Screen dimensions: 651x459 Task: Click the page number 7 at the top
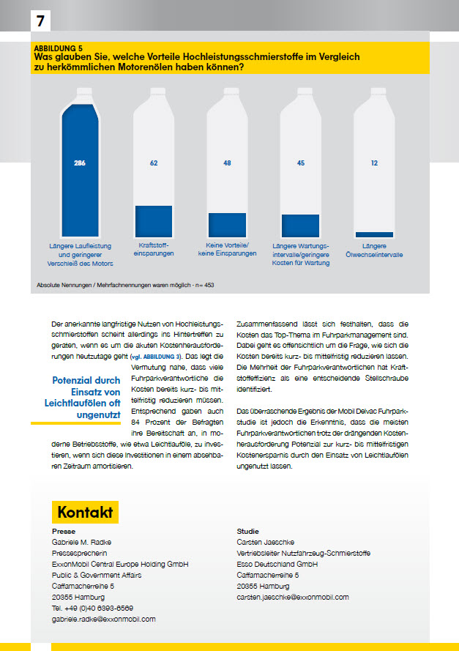[40, 21]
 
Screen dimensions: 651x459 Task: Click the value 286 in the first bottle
[81, 163]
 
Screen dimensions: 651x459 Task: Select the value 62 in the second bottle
[154, 163]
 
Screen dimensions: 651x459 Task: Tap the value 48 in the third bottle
[227, 163]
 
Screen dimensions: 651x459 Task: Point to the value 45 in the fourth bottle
[300, 163]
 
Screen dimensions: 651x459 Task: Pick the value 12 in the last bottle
[374, 163]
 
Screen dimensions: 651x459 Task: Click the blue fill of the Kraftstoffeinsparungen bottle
[154, 220]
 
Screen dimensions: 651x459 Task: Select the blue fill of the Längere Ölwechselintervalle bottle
[374, 234]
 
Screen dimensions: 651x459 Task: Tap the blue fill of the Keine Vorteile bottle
[227, 224]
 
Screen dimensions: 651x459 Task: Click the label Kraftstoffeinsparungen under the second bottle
[154, 249]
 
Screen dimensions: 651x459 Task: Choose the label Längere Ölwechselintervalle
[374, 249]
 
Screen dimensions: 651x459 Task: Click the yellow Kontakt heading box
[85, 510]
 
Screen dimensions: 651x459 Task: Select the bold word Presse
[64, 530]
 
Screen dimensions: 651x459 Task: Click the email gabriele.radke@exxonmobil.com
[104, 619]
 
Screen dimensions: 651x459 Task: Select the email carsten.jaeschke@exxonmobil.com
[293, 597]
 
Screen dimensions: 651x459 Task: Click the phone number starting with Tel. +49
[93, 608]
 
